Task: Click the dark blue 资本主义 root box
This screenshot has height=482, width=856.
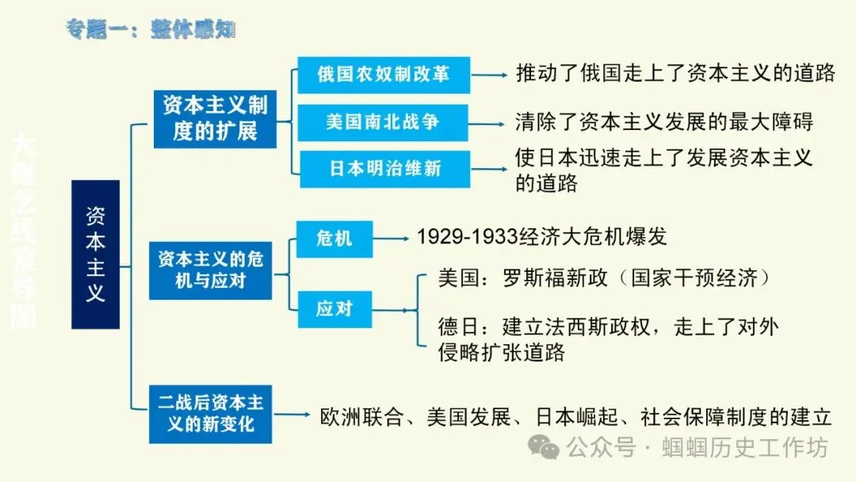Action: [x=95, y=254]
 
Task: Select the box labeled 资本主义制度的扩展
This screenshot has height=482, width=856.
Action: [x=215, y=118]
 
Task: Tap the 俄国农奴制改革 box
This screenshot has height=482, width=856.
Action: [x=384, y=75]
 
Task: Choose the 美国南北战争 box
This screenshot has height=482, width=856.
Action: [x=383, y=122]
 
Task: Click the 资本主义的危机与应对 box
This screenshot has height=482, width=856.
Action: [x=210, y=270]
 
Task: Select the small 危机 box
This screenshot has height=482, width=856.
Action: [x=334, y=238]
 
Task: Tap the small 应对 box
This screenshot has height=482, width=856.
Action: [x=334, y=308]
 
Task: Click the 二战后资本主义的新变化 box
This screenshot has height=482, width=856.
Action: [x=210, y=413]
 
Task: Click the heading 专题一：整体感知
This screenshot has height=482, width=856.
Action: [x=151, y=29]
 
